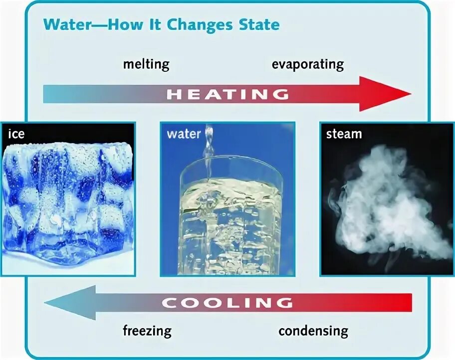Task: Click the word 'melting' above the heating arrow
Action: (x=146, y=64)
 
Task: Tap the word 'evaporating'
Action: (x=307, y=64)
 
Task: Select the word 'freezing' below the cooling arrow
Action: (x=147, y=331)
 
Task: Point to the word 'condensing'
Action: (x=313, y=331)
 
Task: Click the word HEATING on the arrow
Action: (x=227, y=94)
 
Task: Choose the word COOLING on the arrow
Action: (x=227, y=302)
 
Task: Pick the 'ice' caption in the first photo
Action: (x=16, y=134)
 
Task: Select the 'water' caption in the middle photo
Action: (x=184, y=134)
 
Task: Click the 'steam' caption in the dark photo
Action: (x=344, y=134)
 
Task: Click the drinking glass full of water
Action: (x=229, y=219)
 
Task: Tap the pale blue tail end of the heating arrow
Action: (x=55, y=94)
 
